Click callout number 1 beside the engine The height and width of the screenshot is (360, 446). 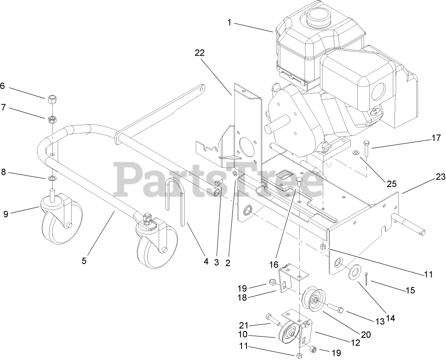tap(229, 23)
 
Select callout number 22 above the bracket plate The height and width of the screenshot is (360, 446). tap(200, 53)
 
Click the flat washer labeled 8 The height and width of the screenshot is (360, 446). tap(52, 179)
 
